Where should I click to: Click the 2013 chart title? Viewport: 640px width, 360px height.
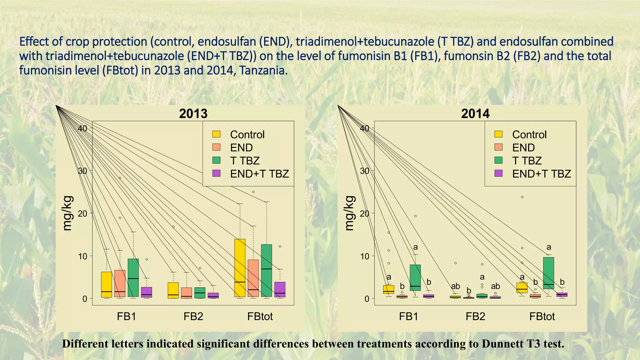(x=193, y=113)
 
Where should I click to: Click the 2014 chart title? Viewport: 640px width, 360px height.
(x=475, y=113)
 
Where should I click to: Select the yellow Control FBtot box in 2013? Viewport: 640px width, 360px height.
(x=240, y=268)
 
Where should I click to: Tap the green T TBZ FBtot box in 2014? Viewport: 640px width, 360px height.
(x=548, y=273)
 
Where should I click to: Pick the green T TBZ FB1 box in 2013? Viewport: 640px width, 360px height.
(x=133, y=277)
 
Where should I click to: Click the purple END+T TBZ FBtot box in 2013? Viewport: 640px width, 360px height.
(x=280, y=289)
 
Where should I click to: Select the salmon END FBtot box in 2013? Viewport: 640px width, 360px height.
(x=253, y=278)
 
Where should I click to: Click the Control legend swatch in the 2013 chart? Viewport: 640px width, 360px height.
(x=216, y=134)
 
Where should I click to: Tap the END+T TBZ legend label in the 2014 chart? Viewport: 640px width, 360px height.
(x=541, y=174)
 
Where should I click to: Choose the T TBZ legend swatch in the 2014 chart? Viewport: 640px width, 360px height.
(x=498, y=160)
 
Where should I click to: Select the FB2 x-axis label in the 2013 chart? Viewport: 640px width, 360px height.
(x=193, y=316)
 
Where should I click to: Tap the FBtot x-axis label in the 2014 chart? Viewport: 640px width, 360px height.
(x=542, y=316)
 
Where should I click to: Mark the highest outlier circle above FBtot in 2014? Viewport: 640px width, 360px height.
(x=522, y=197)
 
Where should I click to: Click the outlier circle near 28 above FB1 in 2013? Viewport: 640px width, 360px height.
(x=120, y=178)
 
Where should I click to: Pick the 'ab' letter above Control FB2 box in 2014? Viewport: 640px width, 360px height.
(x=455, y=286)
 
